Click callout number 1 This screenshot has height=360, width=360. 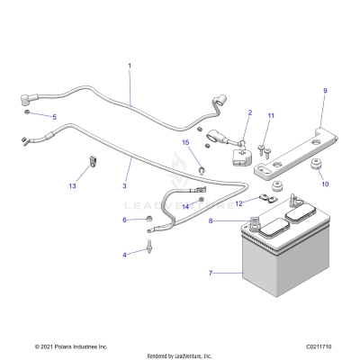coord(129,66)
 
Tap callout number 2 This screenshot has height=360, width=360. coord(249,112)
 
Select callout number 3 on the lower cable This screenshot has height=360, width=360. coord(126,186)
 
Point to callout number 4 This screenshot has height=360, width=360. coord(124,255)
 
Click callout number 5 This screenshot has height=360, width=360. coord(53,118)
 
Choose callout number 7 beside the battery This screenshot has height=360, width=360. coord(210,272)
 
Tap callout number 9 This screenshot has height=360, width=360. coord(325,90)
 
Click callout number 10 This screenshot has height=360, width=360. coord(326,184)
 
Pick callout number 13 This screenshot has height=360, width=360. coord(73,186)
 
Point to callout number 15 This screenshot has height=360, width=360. coord(186,142)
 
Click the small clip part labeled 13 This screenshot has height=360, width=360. coord(92,164)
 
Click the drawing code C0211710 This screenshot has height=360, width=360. coord(318,345)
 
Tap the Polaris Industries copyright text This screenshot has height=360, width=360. coord(70,345)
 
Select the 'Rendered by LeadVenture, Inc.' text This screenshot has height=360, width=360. coord(179,355)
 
